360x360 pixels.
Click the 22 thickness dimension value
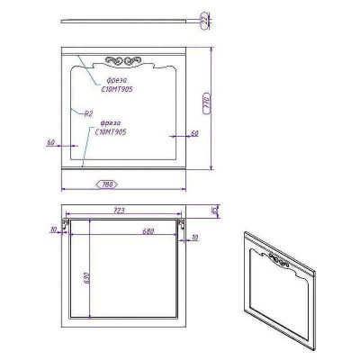coord(204,18)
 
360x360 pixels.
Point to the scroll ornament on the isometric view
coord(280,263)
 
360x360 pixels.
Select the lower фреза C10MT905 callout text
coord(112,127)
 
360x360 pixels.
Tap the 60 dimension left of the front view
coord(50,141)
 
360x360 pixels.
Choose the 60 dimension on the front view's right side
coord(193,133)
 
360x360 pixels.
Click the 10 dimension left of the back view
coord(54,229)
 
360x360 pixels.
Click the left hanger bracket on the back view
coord(66,220)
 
